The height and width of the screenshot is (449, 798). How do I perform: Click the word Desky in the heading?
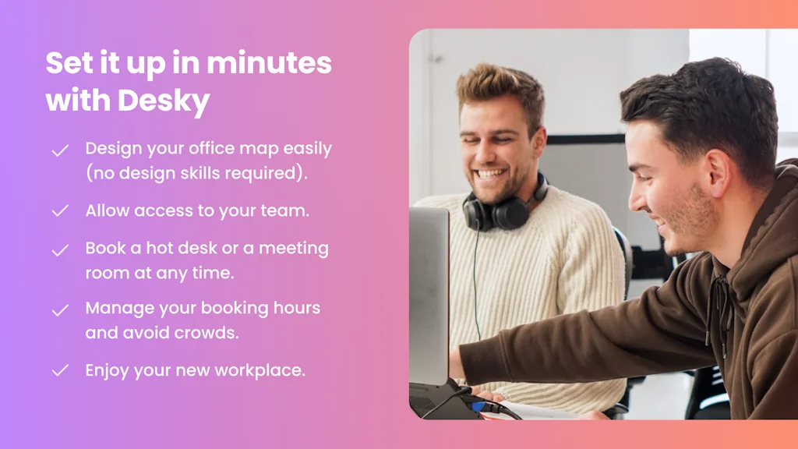(x=164, y=101)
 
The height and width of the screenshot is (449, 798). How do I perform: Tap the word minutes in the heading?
(x=269, y=63)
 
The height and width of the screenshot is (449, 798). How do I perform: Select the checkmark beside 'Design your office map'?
(x=60, y=150)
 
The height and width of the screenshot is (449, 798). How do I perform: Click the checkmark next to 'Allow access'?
(x=60, y=210)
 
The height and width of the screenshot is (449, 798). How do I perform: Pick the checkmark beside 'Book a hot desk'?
(x=60, y=250)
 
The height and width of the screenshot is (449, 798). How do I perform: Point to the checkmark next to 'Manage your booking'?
(x=60, y=310)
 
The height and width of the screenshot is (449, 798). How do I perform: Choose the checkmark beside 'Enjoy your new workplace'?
(x=60, y=370)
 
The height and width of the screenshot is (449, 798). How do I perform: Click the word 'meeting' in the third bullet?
(x=294, y=249)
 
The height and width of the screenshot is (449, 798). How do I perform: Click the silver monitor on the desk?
(x=429, y=295)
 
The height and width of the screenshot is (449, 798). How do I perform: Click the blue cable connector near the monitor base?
(x=478, y=405)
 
